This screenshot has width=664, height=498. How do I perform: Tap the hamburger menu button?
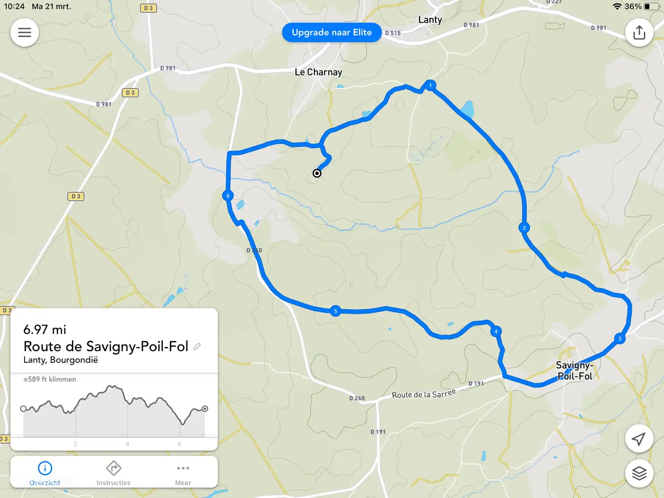pos(25,33)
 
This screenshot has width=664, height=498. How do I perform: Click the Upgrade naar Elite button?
pos(332,33)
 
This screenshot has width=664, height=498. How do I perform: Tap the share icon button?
pos(639,33)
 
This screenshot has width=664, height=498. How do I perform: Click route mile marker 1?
pos(430,85)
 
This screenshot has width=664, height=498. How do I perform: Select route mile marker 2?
pos(524,228)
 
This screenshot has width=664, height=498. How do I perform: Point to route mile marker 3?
pos(620,339)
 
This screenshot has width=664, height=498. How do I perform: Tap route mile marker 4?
pos(496,331)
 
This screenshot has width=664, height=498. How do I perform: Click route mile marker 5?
pos(335,311)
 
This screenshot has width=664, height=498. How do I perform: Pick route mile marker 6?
pos(228,196)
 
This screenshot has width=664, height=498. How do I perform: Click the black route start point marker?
pos(317,173)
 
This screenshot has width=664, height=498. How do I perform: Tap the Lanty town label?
pos(430,20)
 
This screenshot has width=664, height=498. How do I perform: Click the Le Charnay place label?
pos(318,72)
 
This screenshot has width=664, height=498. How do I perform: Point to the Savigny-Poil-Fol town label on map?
pos(574,371)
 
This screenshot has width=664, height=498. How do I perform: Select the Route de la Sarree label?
pos(424,394)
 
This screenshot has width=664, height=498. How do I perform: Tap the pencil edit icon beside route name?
pos(197,346)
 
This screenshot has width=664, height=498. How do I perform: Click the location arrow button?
pos(639,439)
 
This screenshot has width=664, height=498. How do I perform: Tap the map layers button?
pos(639,473)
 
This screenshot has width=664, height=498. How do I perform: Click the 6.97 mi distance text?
pos(45,330)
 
